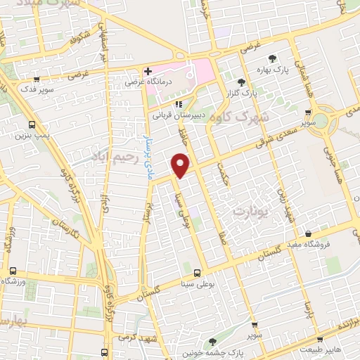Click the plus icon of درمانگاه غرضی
pos(148,71)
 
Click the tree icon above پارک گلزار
pos(241,82)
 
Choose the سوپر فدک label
pos(34,91)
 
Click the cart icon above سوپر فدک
pos(35,79)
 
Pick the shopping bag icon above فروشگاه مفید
pos(309,231)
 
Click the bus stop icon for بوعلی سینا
pos(196,272)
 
